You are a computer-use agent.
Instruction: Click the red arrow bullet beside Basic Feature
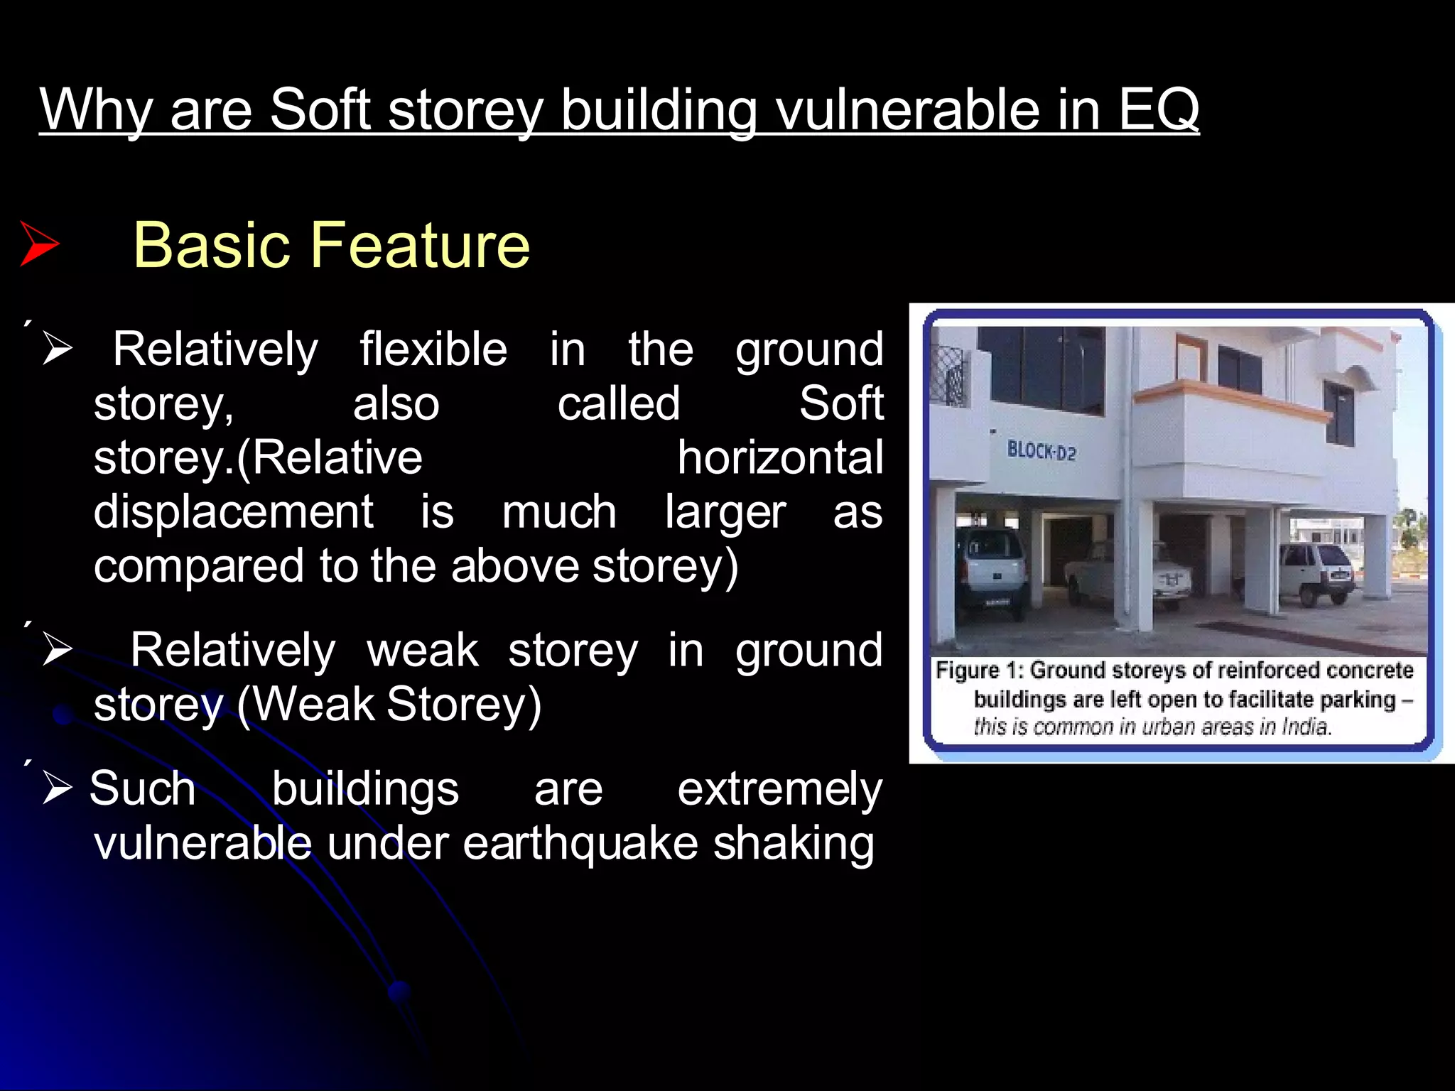coord(39,244)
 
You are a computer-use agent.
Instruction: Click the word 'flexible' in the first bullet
coord(433,349)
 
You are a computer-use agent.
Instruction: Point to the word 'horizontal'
coord(779,457)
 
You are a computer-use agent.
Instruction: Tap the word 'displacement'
coord(233,511)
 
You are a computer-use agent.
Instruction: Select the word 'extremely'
coord(779,789)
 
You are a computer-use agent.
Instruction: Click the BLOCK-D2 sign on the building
coord(1041,451)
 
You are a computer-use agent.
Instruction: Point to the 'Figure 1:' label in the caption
coord(979,671)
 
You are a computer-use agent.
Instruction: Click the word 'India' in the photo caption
coord(1306,727)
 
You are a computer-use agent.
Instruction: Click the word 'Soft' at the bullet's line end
coord(841,403)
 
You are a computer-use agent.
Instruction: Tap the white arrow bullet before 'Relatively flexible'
coord(57,349)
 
